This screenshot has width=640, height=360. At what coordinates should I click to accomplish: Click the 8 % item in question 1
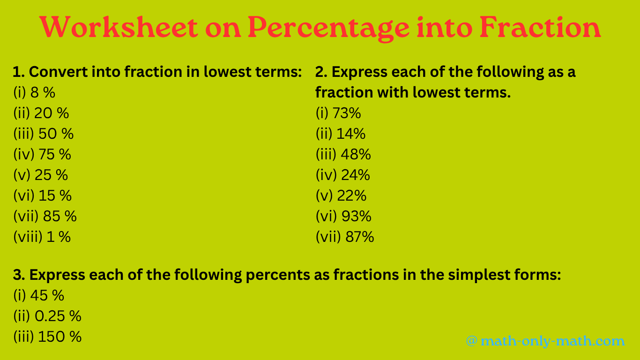coord(43,93)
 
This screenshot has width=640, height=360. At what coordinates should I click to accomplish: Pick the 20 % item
coord(52,113)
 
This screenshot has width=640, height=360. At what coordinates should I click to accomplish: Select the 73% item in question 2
coord(347,113)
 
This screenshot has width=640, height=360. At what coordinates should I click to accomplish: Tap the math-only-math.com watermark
coord(545,341)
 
